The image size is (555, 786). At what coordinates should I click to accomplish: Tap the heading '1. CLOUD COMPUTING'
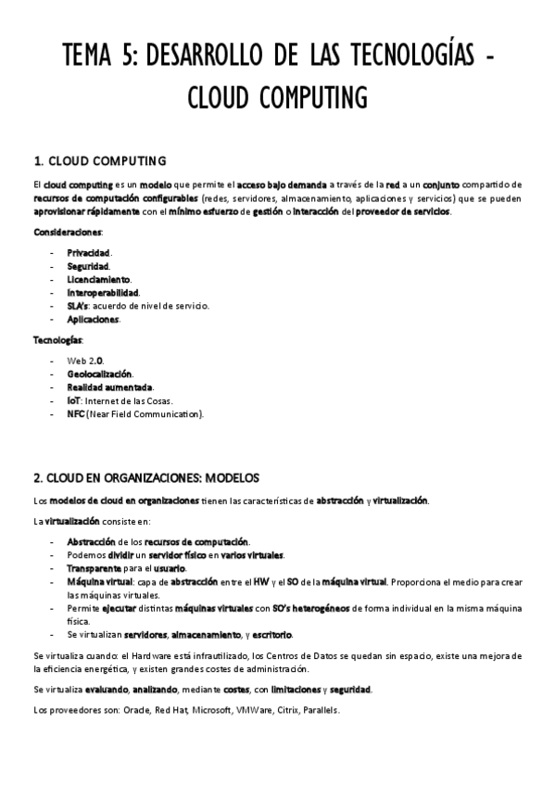[99, 159]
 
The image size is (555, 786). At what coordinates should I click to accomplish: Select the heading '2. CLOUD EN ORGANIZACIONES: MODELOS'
[146, 477]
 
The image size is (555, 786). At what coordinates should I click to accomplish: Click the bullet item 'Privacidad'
[89, 252]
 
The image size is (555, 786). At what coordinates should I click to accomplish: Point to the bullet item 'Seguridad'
[88, 266]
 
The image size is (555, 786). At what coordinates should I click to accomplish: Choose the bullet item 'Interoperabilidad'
[103, 292]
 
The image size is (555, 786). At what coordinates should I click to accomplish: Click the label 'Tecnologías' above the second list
[58, 340]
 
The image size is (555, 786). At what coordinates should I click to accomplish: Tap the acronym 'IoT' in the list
[73, 400]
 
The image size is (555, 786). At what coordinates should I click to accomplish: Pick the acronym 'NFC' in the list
[75, 413]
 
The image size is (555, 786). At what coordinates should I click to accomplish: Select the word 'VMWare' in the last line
[255, 712]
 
